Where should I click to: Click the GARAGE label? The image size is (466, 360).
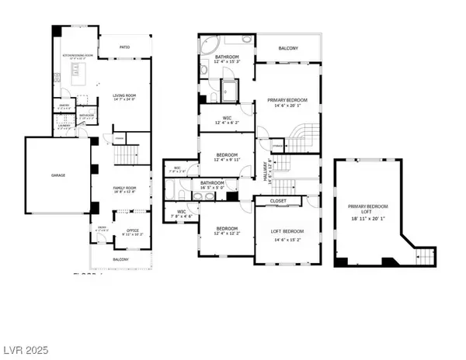coord(58,175)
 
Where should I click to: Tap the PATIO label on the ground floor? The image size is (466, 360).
coord(124,48)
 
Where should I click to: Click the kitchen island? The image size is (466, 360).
coord(78,74)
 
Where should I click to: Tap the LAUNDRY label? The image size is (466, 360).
coord(64,121)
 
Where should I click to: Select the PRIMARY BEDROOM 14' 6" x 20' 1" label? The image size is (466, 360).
coord(288,100)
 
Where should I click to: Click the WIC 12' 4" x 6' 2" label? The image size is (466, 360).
coord(225,118)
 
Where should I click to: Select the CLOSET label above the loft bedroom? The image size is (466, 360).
coord(279,201)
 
